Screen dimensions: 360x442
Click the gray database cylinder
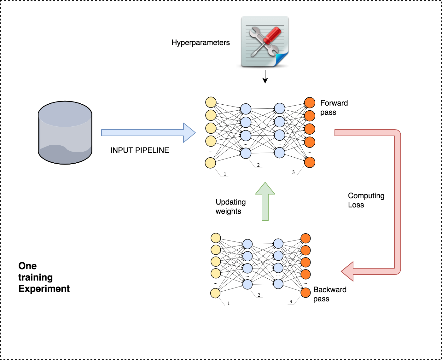[x=65, y=132]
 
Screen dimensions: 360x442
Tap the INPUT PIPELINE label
[x=140, y=150]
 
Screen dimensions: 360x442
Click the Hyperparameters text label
[x=201, y=43]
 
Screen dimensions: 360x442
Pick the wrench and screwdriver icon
[x=265, y=42]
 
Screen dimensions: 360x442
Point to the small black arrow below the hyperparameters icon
[x=265, y=77]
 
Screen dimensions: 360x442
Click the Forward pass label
[x=334, y=107]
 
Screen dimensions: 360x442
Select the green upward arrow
[x=265, y=202]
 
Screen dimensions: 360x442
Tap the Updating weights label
[x=230, y=206]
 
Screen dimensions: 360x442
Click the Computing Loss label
[x=366, y=200]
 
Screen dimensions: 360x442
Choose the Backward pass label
[x=330, y=294]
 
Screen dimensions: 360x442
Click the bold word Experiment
[x=44, y=289]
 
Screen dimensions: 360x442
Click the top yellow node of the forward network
[x=211, y=102]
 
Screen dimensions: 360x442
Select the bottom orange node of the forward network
[x=310, y=162]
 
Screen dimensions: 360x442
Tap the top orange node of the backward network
[x=305, y=238]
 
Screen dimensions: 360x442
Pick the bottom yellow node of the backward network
[x=215, y=293]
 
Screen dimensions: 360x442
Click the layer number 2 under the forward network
[x=258, y=165]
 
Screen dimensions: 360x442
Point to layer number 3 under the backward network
[x=291, y=302]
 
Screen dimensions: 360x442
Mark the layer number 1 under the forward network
[x=225, y=174]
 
